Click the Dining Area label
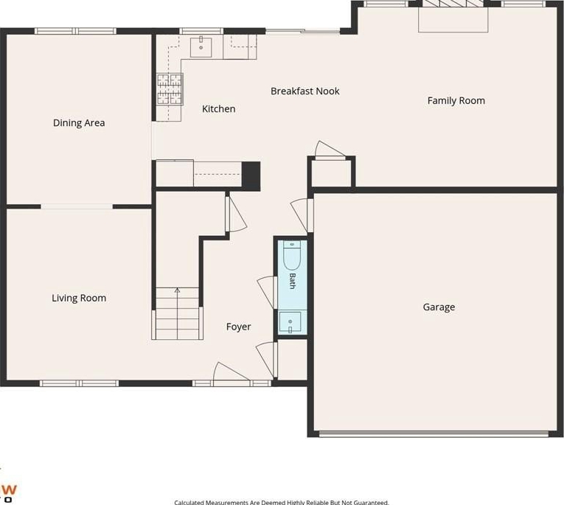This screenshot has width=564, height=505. [x=79, y=123]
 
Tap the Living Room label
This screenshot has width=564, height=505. [x=79, y=298]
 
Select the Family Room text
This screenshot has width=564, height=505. [x=456, y=101]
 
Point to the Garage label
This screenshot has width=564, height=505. [x=439, y=307]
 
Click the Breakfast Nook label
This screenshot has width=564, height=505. [x=305, y=91]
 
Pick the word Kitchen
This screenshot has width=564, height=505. [x=219, y=109]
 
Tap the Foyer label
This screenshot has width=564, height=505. [x=238, y=327]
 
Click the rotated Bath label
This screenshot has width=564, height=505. [x=293, y=281]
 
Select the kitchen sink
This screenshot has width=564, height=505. [x=201, y=46]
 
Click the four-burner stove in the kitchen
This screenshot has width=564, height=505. [x=170, y=89]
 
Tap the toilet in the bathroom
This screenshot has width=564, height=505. [x=292, y=255]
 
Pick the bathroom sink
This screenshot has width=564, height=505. [x=290, y=323]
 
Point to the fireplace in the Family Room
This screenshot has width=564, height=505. [x=453, y=15]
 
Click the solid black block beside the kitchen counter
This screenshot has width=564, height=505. [x=251, y=176]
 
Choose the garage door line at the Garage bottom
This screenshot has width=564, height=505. [x=434, y=433]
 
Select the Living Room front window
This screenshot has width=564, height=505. [x=79, y=383]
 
